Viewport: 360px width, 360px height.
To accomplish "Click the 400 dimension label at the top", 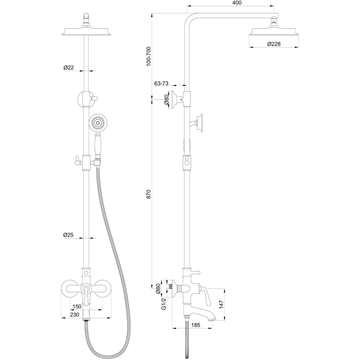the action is point(237,3).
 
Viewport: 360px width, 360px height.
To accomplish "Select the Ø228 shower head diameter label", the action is point(274,44).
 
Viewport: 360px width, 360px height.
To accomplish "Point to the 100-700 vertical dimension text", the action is point(148,57).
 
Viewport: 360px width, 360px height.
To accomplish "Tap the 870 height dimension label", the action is point(148,194).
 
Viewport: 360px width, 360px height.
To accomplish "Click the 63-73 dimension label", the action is point(162,83).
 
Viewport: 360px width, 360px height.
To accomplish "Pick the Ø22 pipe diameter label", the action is point(69,67).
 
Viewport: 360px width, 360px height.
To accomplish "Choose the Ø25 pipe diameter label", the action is point(68,234).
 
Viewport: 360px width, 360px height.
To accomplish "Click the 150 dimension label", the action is point(77,306).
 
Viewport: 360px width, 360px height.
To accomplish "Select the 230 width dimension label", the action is point(75,315).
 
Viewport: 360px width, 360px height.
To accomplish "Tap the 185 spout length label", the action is point(195,325).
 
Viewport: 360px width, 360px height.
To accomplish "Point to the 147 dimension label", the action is point(221,305).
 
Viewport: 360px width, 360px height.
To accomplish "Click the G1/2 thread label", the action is point(163,304).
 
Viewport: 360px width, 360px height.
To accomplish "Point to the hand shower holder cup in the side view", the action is point(199,123).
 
